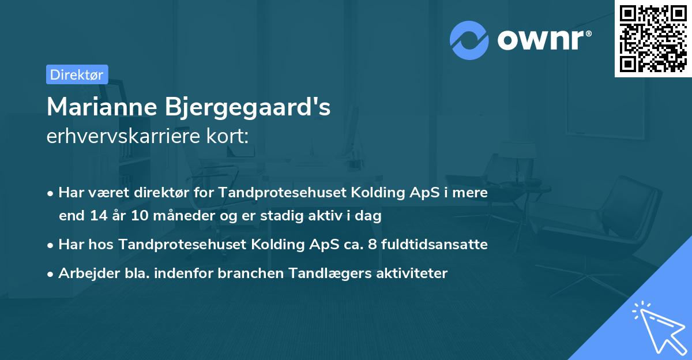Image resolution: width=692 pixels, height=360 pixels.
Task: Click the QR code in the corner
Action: [x=653, y=39]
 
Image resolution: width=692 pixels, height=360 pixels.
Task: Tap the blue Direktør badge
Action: [x=77, y=74]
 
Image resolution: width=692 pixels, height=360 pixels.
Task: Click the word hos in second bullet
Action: [x=104, y=245]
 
